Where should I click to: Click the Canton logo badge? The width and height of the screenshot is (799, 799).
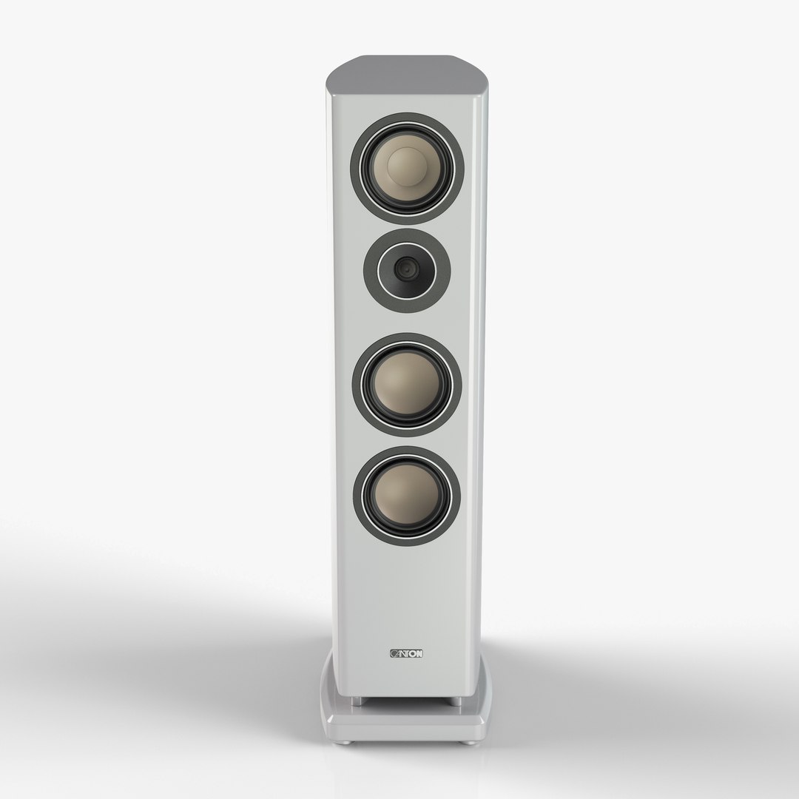click(406, 653)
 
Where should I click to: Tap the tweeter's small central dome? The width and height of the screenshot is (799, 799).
click(407, 266)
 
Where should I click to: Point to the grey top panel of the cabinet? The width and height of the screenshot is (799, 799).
click(406, 75)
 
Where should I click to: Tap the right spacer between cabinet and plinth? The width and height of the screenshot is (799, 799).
click(455, 701)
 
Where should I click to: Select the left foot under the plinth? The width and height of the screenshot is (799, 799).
click(348, 743)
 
